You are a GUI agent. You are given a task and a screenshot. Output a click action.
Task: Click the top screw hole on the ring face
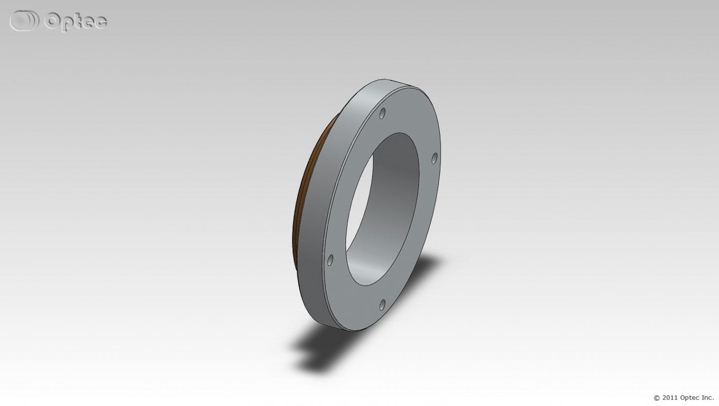[x=382, y=113]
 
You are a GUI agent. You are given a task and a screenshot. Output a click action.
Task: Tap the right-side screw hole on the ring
[x=434, y=158]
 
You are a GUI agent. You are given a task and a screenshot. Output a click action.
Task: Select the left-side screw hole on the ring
[x=330, y=260]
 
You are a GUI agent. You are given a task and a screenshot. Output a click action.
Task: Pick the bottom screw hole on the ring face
[x=382, y=304]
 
